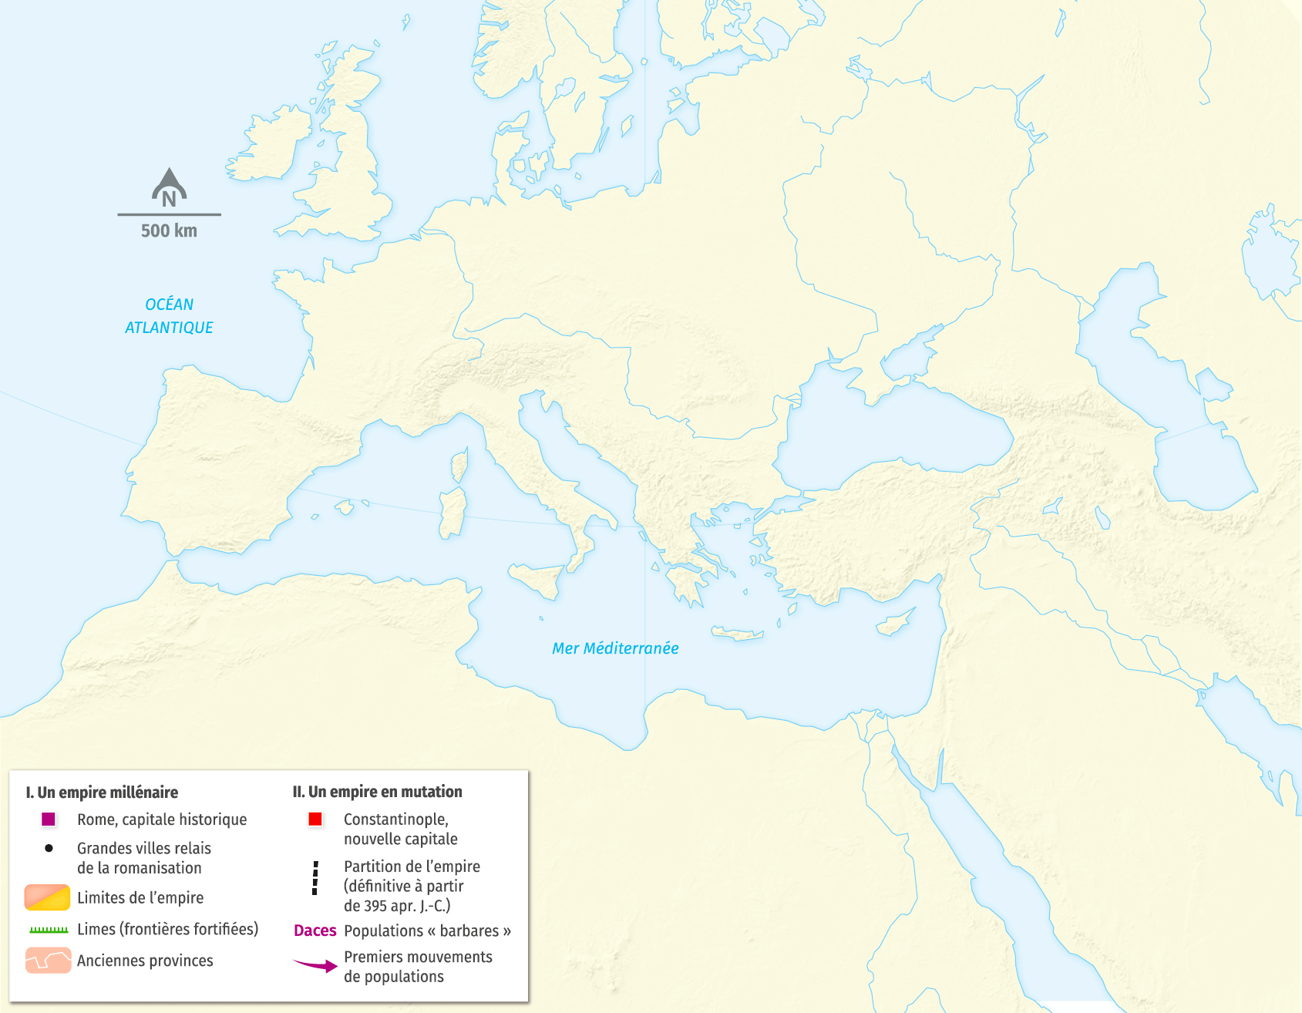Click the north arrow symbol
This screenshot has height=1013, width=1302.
click(169, 187)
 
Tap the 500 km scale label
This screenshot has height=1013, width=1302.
click(169, 231)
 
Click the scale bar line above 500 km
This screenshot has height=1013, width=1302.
click(169, 214)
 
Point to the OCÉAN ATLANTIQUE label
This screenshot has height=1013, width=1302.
click(169, 316)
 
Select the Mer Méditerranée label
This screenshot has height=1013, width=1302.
click(615, 648)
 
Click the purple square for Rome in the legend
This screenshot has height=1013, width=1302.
click(49, 819)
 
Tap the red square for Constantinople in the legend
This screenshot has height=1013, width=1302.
click(315, 819)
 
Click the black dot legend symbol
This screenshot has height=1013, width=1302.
click(49, 848)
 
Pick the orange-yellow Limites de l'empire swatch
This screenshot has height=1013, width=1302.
click(47, 897)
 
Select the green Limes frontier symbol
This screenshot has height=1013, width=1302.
click(49, 930)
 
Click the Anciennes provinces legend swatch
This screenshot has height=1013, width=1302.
click(48, 961)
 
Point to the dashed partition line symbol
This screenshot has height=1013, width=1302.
click(315, 878)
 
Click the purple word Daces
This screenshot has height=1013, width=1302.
click(315, 931)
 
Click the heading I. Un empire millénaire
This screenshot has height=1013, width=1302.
click(102, 793)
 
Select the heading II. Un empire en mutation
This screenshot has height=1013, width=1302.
click(377, 792)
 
